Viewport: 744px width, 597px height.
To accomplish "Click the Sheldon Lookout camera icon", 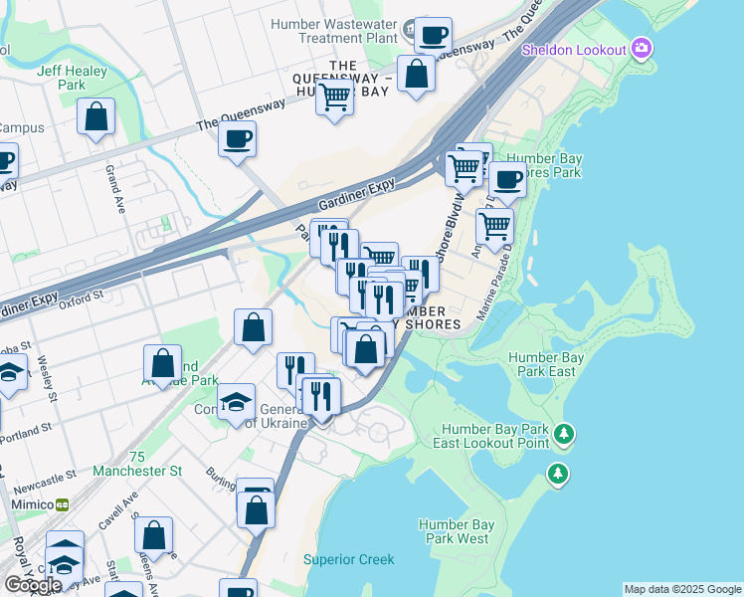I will coord(642,48).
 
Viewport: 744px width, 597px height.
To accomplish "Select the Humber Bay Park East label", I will coord(542,364).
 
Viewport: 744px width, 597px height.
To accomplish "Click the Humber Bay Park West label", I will coord(453,531).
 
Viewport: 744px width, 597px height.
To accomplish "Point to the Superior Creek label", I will coord(349,559).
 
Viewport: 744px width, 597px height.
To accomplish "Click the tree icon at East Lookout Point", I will coord(565,434).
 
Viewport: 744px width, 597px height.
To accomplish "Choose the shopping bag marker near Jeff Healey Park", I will coord(96,117).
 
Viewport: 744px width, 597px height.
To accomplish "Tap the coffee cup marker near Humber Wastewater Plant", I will coord(433,36).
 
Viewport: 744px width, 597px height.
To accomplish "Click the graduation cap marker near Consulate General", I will coord(236,403).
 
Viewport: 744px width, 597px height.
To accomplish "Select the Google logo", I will coord(33,585).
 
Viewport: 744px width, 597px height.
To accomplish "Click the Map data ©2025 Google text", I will coord(682,589).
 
